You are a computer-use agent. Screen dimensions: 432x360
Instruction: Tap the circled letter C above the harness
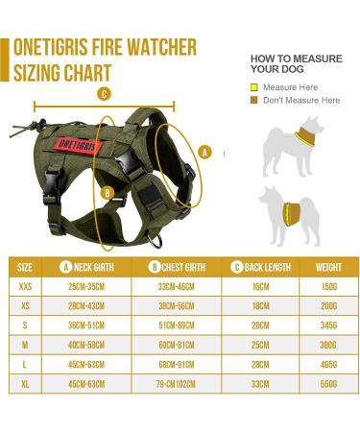click(x=104, y=94)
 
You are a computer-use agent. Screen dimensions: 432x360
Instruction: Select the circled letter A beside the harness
click(x=204, y=151)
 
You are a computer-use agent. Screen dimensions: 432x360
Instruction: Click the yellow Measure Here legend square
click(x=254, y=87)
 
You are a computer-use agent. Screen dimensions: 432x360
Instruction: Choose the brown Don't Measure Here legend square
click(x=254, y=100)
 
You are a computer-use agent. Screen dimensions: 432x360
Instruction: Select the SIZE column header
click(x=25, y=266)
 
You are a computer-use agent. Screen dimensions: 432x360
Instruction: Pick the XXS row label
click(x=25, y=285)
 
